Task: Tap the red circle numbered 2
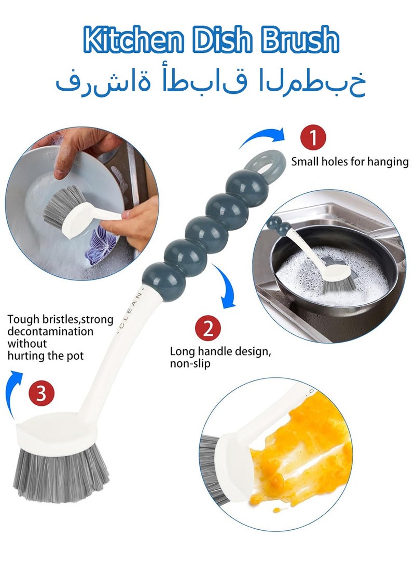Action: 208,329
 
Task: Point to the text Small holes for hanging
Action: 350,162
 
